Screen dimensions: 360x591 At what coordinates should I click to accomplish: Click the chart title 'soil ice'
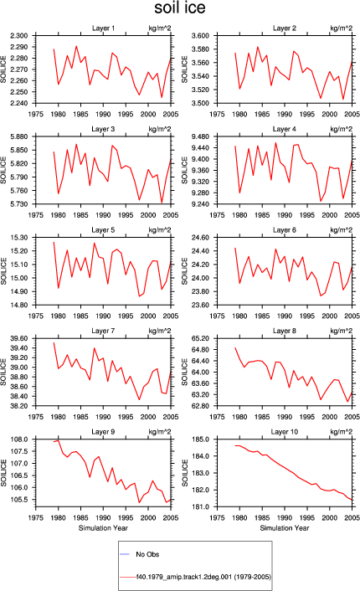[x=180, y=8]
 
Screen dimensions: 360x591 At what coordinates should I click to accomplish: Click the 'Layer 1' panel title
[x=103, y=28]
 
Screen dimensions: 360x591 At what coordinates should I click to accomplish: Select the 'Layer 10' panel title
[x=285, y=432]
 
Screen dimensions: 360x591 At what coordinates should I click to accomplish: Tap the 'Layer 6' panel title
[x=285, y=230]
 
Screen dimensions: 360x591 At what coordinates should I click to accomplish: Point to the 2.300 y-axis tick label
[x=19, y=36]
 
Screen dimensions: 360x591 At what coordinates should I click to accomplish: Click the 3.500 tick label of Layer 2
[x=200, y=103]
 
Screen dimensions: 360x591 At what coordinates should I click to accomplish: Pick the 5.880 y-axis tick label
[x=19, y=136]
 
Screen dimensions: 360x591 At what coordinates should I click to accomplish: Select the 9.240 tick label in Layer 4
[x=200, y=204]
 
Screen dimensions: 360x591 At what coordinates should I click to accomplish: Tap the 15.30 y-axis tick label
[x=19, y=238]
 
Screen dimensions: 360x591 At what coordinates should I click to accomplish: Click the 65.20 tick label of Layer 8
[x=200, y=338]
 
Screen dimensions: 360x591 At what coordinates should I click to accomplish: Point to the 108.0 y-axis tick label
[x=19, y=439]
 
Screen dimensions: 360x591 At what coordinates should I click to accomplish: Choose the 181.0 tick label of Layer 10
[x=200, y=507]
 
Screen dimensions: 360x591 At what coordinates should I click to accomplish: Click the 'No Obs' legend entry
[x=147, y=554]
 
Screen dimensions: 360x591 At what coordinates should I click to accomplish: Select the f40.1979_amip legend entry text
[x=203, y=577]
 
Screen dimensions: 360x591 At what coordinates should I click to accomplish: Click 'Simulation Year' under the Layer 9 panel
[x=103, y=528]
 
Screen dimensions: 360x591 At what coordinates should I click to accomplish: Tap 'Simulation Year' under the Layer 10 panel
[x=285, y=528]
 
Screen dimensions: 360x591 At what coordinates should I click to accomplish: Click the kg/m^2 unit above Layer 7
[x=160, y=331]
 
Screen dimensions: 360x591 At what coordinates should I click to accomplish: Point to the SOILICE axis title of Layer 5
[x=4, y=271]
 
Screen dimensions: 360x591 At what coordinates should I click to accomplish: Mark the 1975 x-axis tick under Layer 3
[x=36, y=215]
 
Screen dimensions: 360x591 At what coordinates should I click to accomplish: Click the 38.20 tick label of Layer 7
[x=19, y=406]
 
